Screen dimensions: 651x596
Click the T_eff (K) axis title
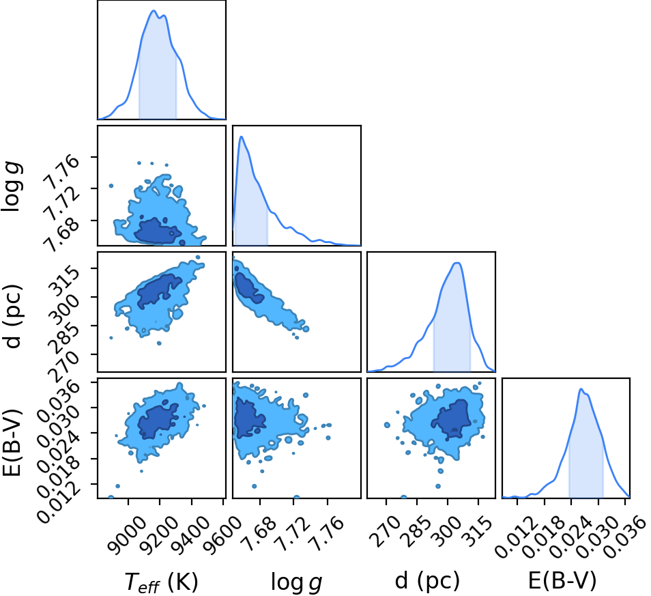pos(162,582)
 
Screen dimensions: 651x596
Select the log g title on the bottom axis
pos(296,582)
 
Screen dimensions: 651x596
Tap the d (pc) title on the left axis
pos(14,317)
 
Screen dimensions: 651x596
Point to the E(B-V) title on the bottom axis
pos(562,580)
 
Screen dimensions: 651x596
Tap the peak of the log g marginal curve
pos(241,137)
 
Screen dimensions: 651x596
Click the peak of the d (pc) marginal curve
pos(457,262)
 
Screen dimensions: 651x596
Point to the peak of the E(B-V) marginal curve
pos(581,388)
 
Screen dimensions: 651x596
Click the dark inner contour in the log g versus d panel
pos(249,288)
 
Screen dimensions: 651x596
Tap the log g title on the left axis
pos(12,187)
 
